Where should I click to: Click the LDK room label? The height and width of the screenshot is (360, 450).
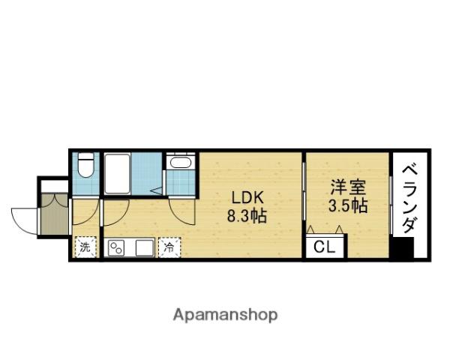[247, 198]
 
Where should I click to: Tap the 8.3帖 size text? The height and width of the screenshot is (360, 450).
[247, 216]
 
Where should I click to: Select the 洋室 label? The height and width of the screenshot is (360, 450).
[348, 187]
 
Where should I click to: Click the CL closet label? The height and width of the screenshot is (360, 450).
[324, 247]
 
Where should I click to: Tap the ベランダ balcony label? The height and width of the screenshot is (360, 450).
[409, 199]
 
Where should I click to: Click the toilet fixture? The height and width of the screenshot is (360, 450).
[85, 165]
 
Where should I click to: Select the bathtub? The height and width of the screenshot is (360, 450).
[118, 174]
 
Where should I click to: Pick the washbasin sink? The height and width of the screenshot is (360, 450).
[181, 162]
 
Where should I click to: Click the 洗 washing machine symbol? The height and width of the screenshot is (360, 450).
[85, 247]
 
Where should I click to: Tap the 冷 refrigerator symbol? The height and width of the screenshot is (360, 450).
[169, 247]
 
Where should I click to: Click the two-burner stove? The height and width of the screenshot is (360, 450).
[116, 248]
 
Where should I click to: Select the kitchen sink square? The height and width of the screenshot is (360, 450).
[144, 248]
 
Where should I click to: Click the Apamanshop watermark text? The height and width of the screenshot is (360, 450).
[225, 316]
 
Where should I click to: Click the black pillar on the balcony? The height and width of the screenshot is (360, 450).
[403, 247]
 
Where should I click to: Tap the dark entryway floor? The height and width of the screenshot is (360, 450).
[54, 214]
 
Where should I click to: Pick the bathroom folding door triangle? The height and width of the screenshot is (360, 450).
[157, 190]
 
